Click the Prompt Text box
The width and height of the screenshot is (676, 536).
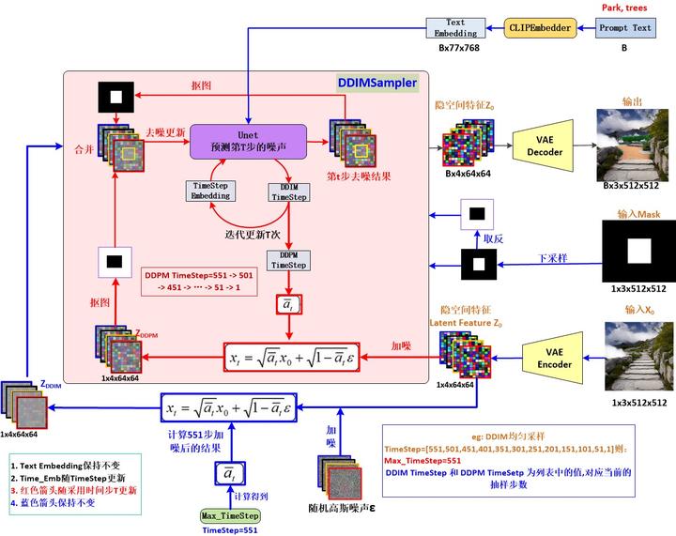[625, 28]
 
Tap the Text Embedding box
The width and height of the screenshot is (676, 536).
[455, 28]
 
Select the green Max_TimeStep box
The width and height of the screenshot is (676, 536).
[230, 515]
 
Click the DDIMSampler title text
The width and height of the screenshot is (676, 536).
[376, 83]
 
